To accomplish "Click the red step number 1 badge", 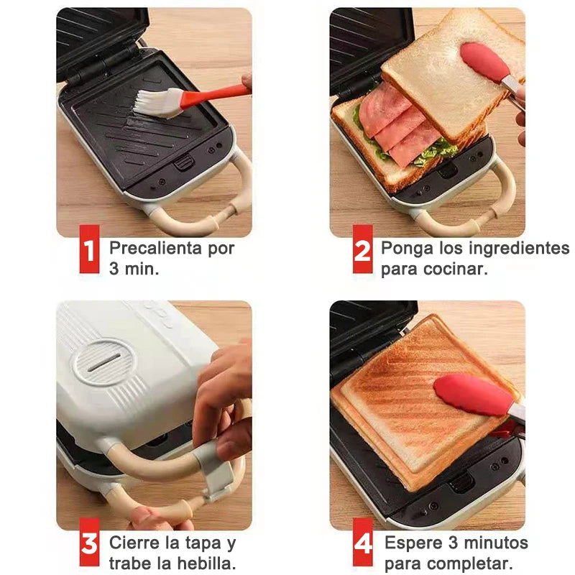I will point(89,249).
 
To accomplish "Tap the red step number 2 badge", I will point(363,249).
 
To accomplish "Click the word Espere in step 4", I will point(411,542).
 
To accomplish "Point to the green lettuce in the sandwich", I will point(434,151).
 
